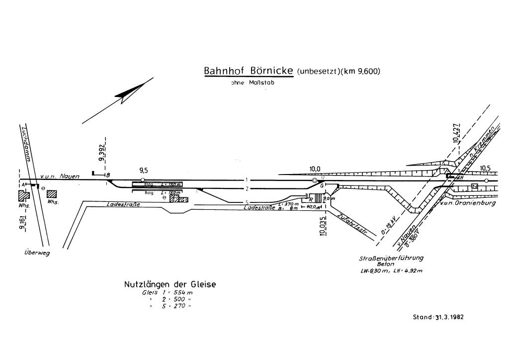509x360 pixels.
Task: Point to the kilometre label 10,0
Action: point(314,169)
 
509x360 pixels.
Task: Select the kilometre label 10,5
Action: point(486,168)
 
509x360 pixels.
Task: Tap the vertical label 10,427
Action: point(458,133)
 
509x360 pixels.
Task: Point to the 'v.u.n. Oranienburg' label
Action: point(468,203)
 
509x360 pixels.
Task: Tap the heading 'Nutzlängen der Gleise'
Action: point(170,285)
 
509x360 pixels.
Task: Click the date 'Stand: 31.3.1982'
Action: point(438,316)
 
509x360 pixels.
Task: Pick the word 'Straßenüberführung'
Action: point(392,259)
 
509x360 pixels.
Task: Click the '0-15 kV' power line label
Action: point(384,225)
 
